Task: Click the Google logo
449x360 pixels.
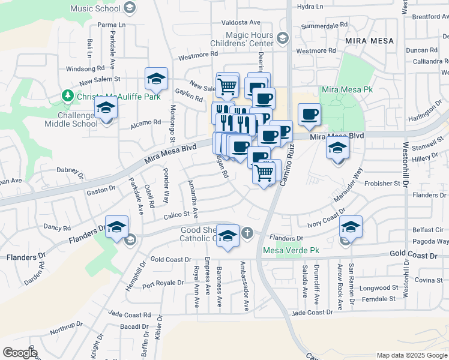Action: pos(20,352)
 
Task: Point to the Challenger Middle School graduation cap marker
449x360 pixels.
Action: pos(106,109)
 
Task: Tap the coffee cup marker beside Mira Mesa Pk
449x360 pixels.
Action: pos(309,115)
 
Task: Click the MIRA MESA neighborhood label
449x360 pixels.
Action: pos(370,40)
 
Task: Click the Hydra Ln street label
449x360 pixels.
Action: pos(310,6)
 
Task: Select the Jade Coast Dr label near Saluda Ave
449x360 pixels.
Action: pos(312,313)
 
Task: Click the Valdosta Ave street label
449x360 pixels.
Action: pos(239,22)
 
